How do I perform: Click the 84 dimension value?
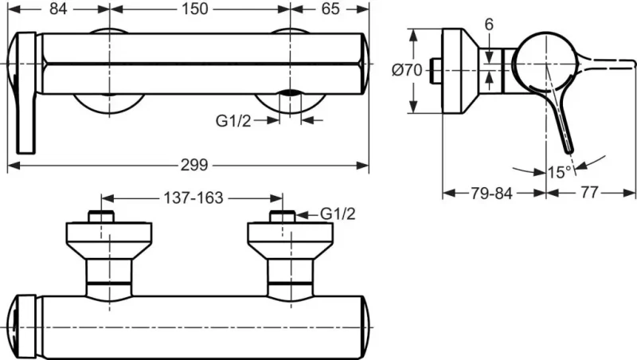[58, 9]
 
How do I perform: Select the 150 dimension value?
[195, 9]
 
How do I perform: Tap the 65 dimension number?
[330, 9]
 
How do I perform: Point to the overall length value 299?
[194, 165]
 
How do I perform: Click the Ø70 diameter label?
[407, 70]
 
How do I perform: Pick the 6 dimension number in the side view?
[489, 25]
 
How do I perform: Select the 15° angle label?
[560, 172]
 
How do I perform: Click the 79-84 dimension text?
[492, 194]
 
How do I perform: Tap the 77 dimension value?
[589, 193]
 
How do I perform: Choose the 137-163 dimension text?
[193, 198]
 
